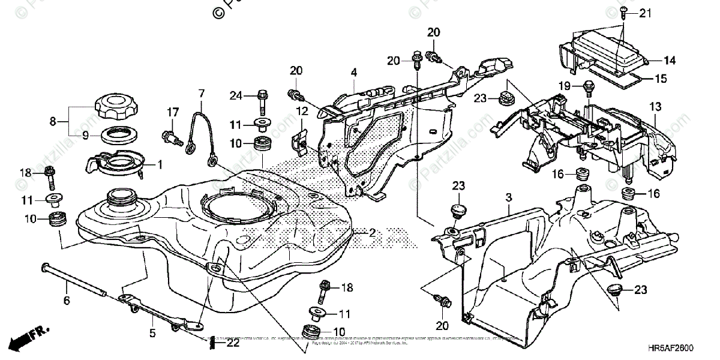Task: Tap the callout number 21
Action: (644, 13)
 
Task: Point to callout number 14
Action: (669, 60)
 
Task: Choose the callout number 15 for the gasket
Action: (660, 79)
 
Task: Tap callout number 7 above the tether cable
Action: (201, 93)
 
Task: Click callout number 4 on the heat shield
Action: (354, 73)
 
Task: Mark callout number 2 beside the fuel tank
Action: (372, 232)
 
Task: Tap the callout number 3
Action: (508, 197)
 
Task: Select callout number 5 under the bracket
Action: (152, 332)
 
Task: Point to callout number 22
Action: (233, 344)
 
